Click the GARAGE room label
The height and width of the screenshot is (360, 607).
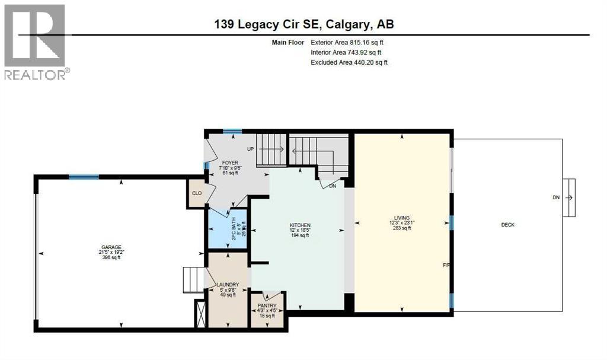111,247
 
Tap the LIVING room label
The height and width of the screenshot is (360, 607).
405,218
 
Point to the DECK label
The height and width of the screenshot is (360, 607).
507,225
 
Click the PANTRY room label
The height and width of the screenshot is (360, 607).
267,305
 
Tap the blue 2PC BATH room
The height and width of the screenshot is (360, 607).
226,228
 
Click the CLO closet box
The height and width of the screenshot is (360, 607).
196,193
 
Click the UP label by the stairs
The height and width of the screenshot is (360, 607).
251,148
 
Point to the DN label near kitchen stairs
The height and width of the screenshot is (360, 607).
333,185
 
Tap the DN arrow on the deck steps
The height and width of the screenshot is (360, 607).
568,197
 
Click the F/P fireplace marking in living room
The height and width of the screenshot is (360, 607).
448,265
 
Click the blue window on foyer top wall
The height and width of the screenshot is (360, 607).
232,132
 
